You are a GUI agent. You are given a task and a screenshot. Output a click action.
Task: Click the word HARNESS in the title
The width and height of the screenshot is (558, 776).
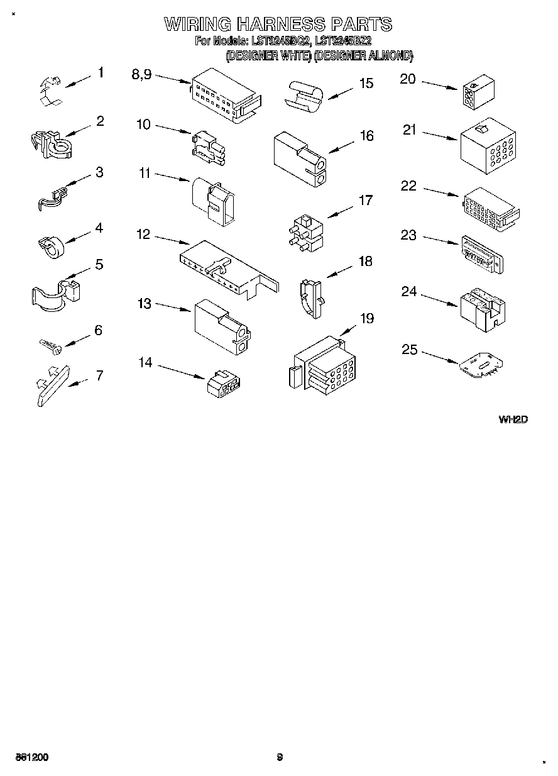281,25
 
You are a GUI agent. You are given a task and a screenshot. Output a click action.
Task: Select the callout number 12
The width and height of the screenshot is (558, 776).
143,235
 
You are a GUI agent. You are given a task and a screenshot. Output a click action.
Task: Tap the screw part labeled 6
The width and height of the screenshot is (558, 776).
48,345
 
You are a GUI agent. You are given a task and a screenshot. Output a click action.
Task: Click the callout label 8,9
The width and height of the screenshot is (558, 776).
141,74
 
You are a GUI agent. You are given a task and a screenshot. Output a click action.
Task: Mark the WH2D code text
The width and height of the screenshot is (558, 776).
512,419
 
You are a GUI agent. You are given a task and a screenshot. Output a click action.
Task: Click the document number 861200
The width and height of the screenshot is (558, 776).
32,757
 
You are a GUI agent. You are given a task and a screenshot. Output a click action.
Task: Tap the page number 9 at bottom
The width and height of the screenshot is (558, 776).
280,757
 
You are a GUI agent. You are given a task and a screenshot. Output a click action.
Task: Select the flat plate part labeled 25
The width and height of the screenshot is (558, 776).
482,367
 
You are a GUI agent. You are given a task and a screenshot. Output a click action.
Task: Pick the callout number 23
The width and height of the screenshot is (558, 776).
408,235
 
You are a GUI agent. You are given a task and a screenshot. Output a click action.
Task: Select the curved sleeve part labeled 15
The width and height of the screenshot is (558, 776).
305,96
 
